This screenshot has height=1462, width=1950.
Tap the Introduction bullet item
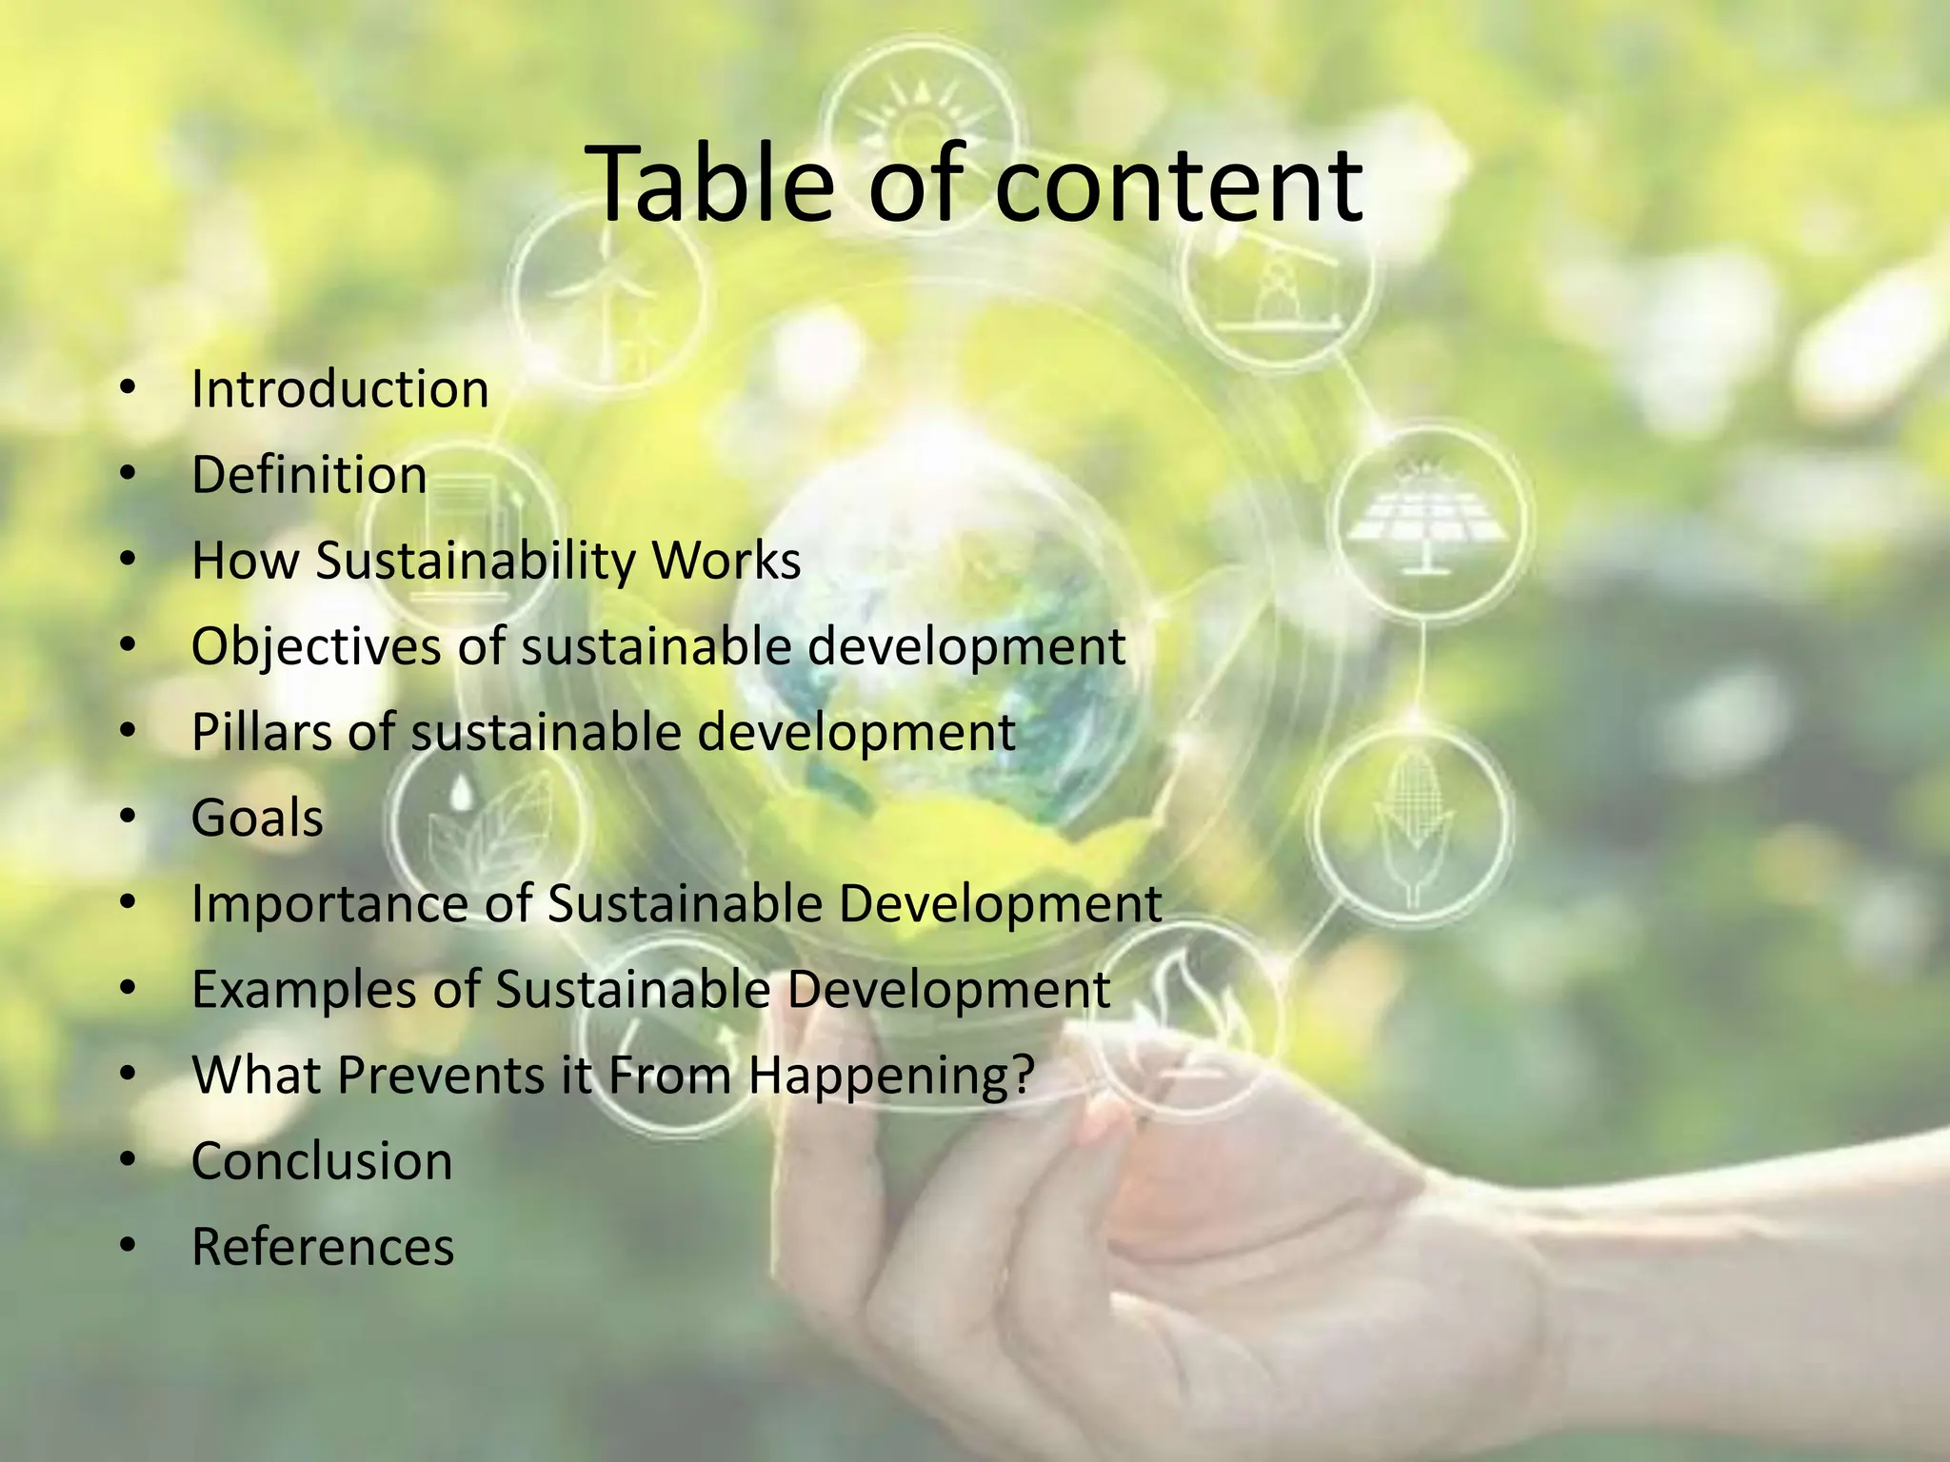(x=340, y=389)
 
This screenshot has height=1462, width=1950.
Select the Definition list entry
(x=308, y=475)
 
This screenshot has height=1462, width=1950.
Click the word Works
(x=726, y=561)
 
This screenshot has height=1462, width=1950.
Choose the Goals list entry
(x=257, y=819)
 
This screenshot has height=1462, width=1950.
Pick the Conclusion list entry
(x=322, y=1162)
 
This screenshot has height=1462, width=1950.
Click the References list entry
(x=323, y=1248)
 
